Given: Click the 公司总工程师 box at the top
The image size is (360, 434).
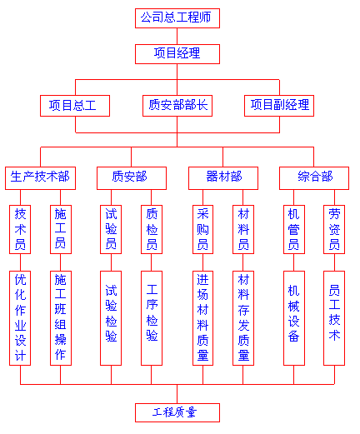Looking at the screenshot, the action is tap(177, 18).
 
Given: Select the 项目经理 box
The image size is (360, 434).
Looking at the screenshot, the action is tap(177, 54).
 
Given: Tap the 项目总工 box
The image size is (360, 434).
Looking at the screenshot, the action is tap(75, 106).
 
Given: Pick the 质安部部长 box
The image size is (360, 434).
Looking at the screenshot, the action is tap(177, 106).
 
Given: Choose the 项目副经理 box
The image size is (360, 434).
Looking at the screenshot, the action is tap(279, 106).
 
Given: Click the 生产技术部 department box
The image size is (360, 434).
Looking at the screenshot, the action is tap(40, 178).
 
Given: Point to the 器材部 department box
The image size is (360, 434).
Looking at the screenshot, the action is tap(223, 178).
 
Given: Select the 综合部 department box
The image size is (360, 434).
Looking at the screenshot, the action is tap(314, 178).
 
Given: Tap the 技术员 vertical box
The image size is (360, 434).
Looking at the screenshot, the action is tap(20, 229).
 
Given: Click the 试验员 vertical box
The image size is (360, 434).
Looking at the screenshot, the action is tap(111, 229).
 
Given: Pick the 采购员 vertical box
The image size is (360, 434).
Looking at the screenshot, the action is tap(202, 229).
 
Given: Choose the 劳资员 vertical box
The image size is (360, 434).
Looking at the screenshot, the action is tap(334, 229).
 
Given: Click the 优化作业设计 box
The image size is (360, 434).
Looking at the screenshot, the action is tap(20, 318).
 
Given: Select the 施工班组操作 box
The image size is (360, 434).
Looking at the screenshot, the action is tap(61, 318).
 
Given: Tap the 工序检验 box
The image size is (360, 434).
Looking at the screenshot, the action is tap(152, 318).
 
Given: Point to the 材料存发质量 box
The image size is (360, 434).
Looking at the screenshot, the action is tap(243, 318).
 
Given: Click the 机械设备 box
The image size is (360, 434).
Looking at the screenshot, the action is tap(294, 318).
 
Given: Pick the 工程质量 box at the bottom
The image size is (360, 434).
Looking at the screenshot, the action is tap(177, 412).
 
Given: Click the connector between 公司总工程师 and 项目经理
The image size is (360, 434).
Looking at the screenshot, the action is tap(177, 36).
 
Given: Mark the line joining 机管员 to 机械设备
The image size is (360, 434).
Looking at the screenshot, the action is tap(294, 262).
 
